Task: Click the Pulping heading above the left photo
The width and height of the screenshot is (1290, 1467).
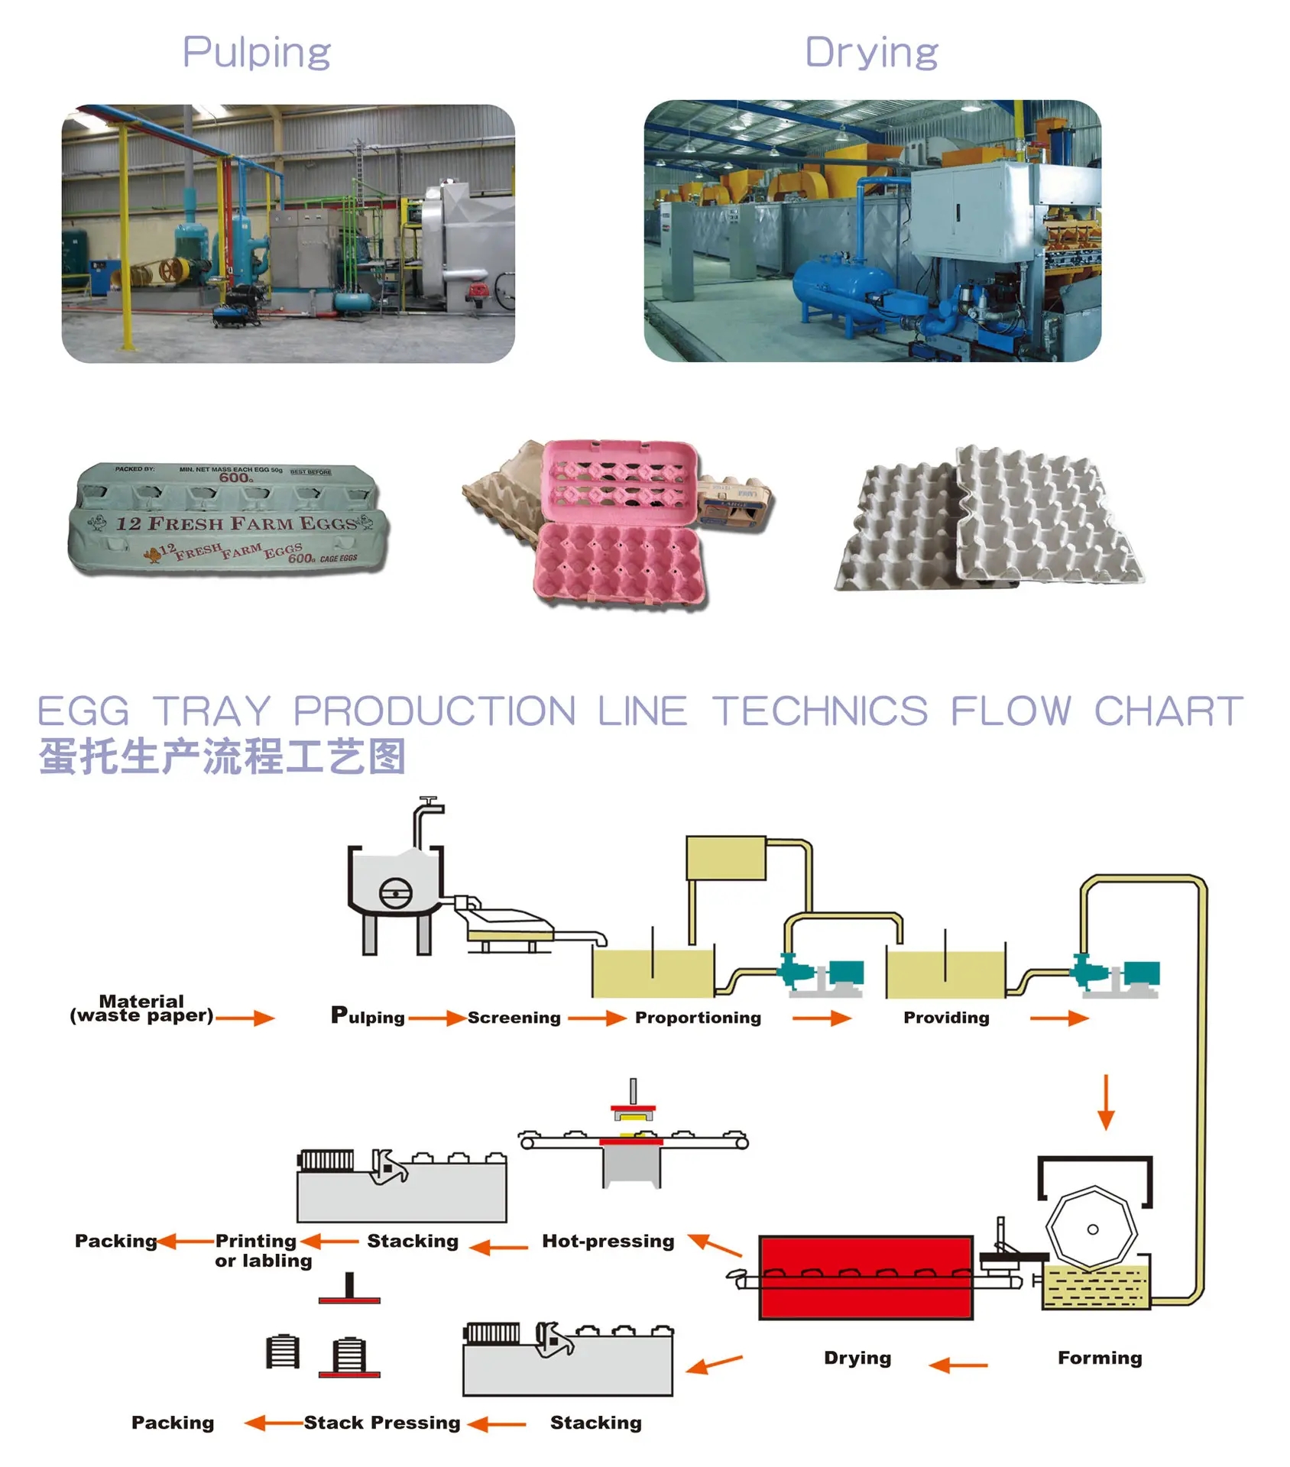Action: pos(256,53)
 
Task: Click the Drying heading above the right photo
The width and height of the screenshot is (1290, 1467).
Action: pos(871,53)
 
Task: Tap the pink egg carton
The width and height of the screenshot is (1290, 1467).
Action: pos(619,527)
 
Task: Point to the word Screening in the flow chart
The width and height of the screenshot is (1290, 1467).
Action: pos(514,1018)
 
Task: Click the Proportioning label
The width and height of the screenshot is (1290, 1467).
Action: pos(698,1018)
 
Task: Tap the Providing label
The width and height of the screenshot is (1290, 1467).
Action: pos(946,1018)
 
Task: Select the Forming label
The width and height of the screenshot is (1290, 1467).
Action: pos(1100,1358)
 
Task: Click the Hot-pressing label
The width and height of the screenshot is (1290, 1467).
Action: pos(608,1241)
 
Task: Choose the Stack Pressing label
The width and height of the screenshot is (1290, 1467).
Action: pos(382,1423)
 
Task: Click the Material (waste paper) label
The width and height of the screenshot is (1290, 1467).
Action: pos(141,1009)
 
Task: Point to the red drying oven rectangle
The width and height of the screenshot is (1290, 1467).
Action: pos(865,1278)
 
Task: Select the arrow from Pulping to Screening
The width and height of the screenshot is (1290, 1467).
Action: pos(436,1018)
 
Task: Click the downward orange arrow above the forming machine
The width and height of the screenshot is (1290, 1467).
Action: pos(1105,1102)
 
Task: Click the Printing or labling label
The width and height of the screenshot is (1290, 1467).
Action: pos(263,1250)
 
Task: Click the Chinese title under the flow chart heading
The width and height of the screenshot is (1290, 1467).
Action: pos(222,756)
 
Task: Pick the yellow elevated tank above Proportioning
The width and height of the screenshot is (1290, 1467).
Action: pos(725,857)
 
